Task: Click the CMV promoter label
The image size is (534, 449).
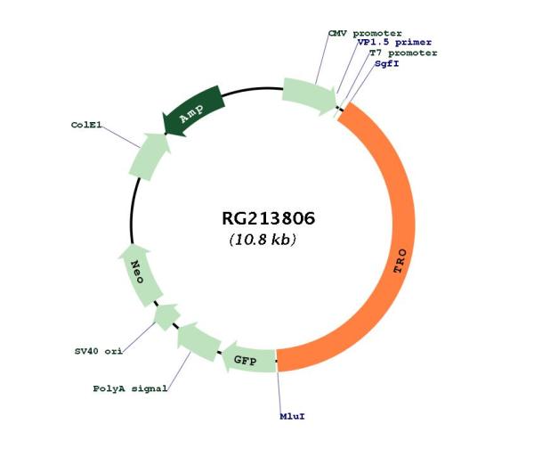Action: pyautogui.click(x=365, y=33)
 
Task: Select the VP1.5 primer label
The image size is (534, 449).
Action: pyautogui.click(x=387, y=43)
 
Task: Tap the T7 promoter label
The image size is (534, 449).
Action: pyautogui.click(x=403, y=53)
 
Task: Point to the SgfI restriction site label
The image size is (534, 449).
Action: pyautogui.click(x=387, y=64)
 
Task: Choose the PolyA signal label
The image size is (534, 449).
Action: pyautogui.click(x=131, y=389)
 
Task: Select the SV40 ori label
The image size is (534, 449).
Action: pyautogui.click(x=99, y=351)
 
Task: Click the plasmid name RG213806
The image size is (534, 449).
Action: pyautogui.click(x=268, y=218)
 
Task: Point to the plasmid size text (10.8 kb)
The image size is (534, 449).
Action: pyautogui.click(x=263, y=241)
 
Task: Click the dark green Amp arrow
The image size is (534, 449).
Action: pyautogui.click(x=193, y=112)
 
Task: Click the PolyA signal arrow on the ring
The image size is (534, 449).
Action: pyautogui.click(x=200, y=343)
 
